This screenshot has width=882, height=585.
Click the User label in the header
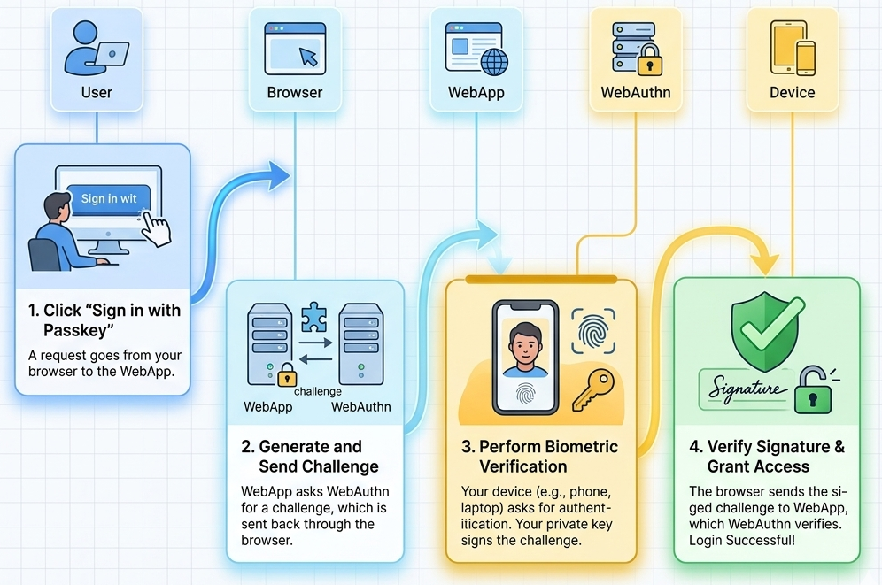coord(97,92)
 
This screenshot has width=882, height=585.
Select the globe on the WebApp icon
coord(494,62)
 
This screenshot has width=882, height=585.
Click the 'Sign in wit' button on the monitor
coord(110,198)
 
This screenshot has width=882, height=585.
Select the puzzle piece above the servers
coord(313,317)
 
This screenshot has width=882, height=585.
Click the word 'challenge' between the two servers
coord(317,391)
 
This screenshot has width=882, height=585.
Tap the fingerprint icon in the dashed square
coord(592,331)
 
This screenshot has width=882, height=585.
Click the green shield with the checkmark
coord(767,327)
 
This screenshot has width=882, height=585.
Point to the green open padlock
coord(813,391)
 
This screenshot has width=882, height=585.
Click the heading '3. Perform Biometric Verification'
coord(539,456)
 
